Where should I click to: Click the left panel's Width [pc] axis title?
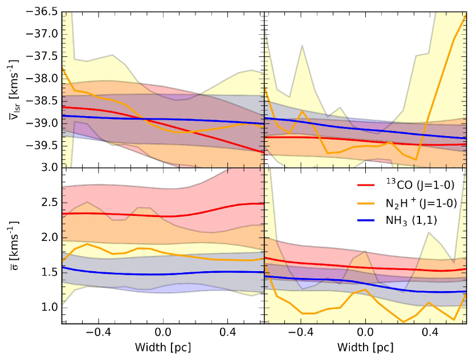[x=163, y=346]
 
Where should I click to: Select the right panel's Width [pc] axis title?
[x=366, y=346]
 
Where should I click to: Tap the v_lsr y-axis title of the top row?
[x=13, y=90]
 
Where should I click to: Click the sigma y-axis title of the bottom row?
[x=13, y=246]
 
